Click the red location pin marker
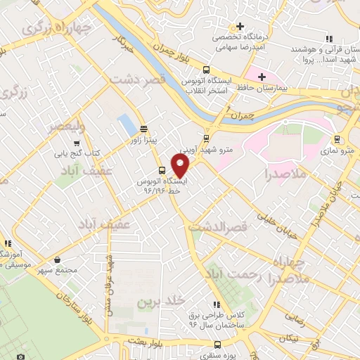181,165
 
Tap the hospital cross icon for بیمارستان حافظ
262,76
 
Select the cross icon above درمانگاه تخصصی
240,26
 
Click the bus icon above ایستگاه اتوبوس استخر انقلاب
206,70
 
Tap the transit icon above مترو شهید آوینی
205,139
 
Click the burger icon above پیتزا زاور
143,128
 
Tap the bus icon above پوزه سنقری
217,345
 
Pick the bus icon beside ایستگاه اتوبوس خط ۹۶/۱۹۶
162,170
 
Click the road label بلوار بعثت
150,340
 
